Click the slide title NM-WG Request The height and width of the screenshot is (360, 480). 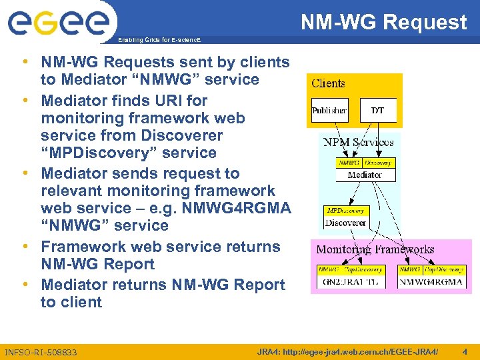tap(383, 22)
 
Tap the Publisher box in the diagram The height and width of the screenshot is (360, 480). tap(329, 111)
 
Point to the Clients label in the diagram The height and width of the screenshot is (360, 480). tap(328, 83)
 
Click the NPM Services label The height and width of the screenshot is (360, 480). tap(358, 142)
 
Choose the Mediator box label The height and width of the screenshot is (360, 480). tap(365, 175)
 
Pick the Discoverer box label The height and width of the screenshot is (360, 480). tap(345, 223)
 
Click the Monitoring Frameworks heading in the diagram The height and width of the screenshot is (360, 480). tap(375, 250)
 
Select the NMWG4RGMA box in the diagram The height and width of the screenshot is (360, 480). tap(431, 282)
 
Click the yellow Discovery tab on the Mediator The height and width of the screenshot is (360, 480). tap(379, 163)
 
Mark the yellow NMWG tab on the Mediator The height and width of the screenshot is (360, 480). tap(350, 163)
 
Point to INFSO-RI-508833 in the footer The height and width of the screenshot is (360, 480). tap(41, 352)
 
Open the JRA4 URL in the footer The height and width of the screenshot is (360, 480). tap(347, 351)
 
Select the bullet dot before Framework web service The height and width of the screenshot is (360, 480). tap(24, 247)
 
